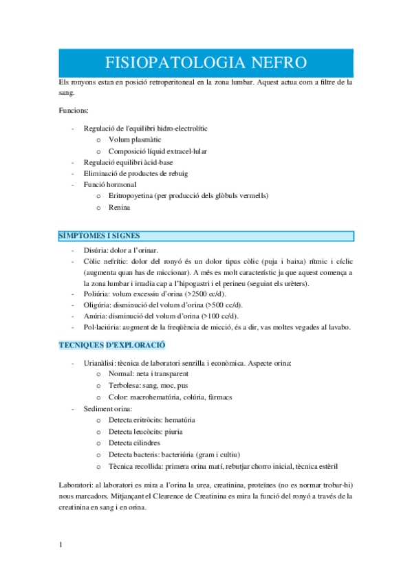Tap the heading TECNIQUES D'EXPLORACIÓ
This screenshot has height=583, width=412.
pyautogui.click(x=111, y=344)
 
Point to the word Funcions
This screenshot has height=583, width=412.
pyautogui.click(x=73, y=110)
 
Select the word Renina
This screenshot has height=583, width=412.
pyautogui.click(x=120, y=207)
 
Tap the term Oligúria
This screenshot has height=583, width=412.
pyautogui.click(x=97, y=305)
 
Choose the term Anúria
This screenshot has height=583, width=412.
pyautogui.click(x=95, y=316)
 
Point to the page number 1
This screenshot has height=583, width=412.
pyautogui.click(x=61, y=545)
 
